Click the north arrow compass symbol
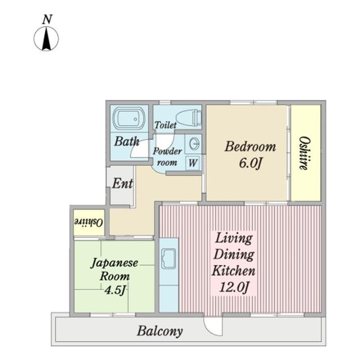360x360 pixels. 46,39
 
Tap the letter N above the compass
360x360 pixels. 47,20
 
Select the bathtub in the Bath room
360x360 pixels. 129,118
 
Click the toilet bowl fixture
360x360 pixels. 189,118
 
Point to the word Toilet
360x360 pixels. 165,125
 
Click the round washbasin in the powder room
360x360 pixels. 194,144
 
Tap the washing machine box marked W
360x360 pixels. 192,163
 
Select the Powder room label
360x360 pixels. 167,156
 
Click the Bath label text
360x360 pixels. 127,141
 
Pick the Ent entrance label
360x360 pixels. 123,183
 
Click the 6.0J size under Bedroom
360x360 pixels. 250,163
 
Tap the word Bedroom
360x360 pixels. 250,146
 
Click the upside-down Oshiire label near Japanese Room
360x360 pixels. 88,222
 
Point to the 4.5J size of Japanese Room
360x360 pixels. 115,290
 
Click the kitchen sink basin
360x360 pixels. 169,259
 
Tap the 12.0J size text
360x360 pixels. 234,287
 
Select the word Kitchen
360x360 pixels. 233,271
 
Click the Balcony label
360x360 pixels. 160,331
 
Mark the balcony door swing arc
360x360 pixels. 210,331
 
